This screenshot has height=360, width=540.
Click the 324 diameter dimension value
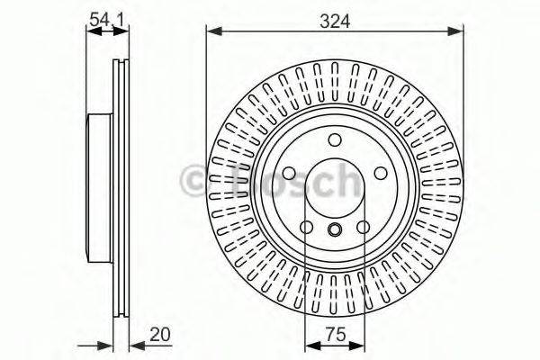[x=334, y=17]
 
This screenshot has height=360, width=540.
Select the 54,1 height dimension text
[x=105, y=16]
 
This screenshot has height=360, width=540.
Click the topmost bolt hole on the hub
[x=334, y=139]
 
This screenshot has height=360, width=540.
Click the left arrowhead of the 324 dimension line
[x=212, y=32]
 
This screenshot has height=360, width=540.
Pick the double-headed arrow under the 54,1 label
[x=106, y=32]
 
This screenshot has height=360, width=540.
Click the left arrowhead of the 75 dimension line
[x=310, y=346]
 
